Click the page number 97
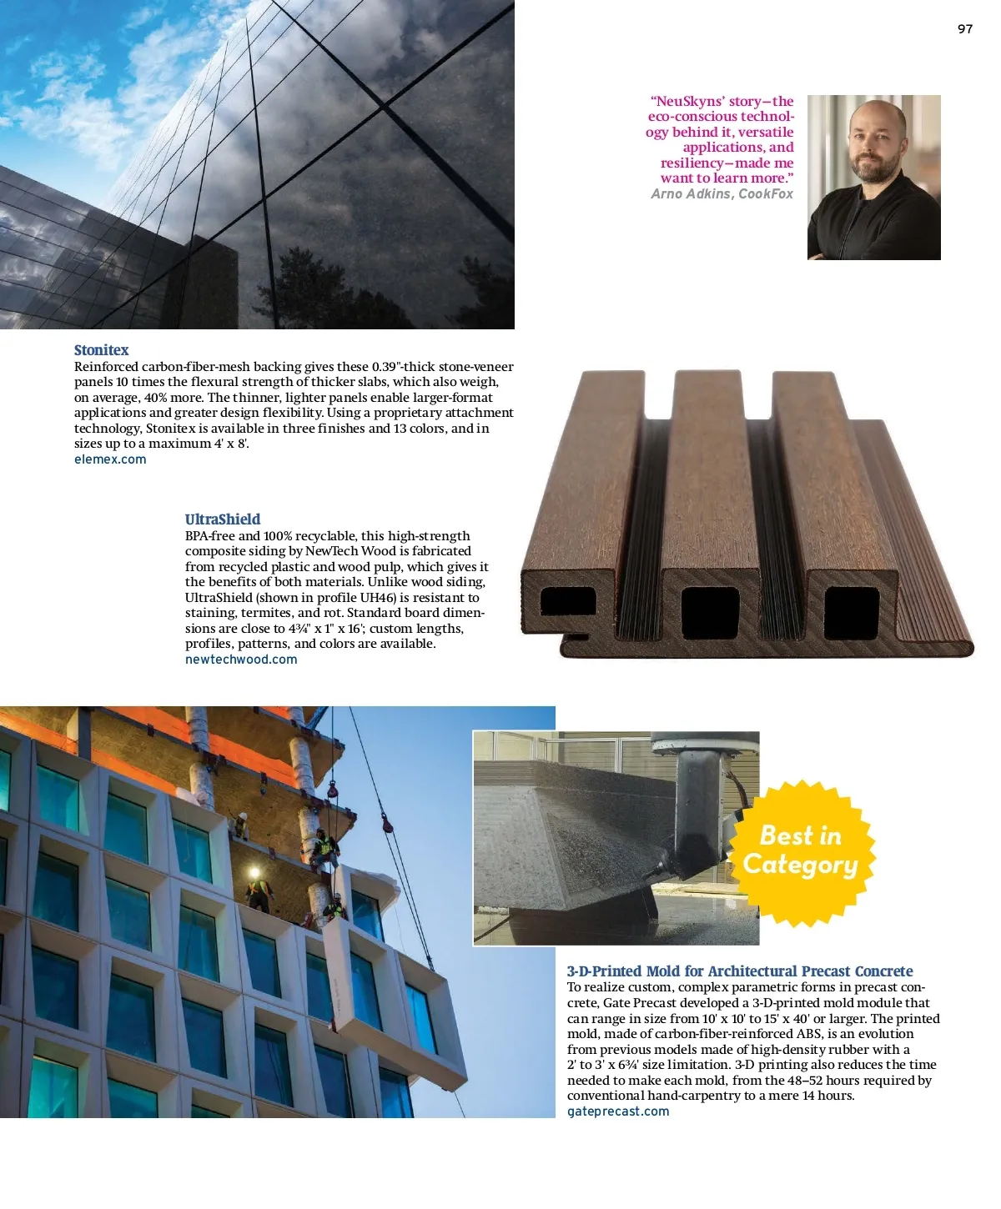coord(964,29)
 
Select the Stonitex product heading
coord(101,350)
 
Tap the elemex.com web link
coord(110,459)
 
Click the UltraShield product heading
coord(223,519)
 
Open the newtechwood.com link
coord(241,660)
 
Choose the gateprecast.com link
coord(618,1111)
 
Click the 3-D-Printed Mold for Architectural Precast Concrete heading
coord(740,971)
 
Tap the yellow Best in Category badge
coord(801,852)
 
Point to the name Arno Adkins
coord(692,194)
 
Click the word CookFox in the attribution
coord(766,194)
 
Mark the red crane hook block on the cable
coord(387,824)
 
